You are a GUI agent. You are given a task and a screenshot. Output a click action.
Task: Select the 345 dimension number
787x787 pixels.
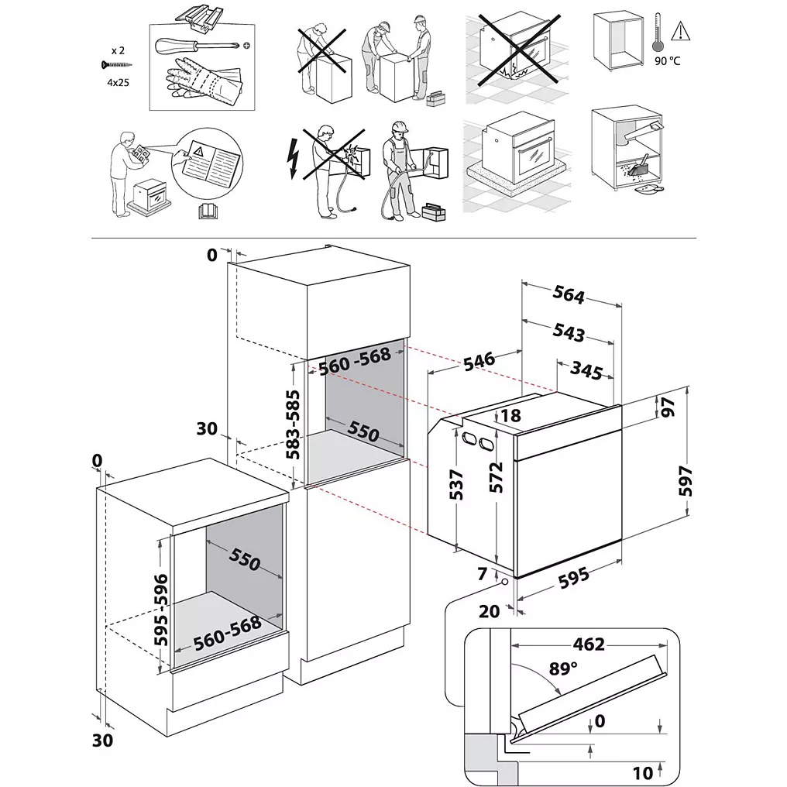[586, 370]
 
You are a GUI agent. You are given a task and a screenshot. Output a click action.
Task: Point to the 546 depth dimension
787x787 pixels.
[479, 360]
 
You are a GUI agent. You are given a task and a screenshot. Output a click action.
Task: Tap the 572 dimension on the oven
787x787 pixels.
[497, 477]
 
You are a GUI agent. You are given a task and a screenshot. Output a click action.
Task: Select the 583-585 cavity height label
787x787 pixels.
[293, 425]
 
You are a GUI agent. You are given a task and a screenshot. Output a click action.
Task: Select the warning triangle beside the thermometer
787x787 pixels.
[680, 31]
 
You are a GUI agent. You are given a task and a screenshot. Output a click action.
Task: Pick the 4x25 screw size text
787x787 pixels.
[118, 79]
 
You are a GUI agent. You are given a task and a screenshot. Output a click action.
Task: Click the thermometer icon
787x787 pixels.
[658, 31]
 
